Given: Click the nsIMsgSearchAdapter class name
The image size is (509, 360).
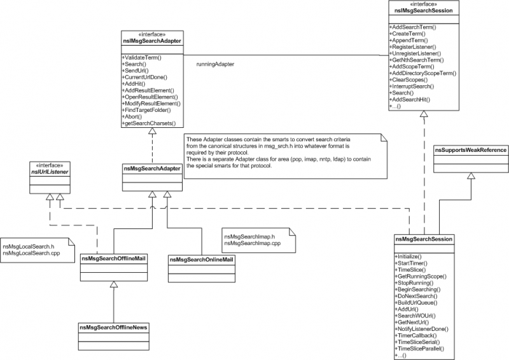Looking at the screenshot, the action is click(152, 41).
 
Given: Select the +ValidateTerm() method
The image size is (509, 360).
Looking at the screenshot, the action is click(141, 58).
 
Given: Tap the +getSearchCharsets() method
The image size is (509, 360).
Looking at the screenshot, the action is click(149, 123).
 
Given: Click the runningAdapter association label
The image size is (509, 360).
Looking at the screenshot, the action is click(215, 64).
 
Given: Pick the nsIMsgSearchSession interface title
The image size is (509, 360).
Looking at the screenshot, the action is click(424, 11).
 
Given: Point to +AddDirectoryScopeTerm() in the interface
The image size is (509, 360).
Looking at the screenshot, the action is click(422, 73).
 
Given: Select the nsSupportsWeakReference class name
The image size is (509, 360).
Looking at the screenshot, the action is click(471, 150).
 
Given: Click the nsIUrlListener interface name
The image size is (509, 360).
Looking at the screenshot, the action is click(50, 172).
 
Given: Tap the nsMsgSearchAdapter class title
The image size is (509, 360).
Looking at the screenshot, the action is click(152, 169).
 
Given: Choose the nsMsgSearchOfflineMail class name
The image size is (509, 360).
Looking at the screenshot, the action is click(114, 258).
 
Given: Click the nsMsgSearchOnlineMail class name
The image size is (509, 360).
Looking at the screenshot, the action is click(202, 260).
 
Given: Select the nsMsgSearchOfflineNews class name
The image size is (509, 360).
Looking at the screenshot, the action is click(114, 328).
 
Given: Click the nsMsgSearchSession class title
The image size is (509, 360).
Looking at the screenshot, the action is click(424, 239).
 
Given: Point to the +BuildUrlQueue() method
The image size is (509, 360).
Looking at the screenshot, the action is click(416, 303).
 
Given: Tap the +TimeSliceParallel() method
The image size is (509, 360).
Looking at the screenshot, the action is click(419, 349).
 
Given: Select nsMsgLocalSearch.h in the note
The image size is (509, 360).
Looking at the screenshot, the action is click(28, 247).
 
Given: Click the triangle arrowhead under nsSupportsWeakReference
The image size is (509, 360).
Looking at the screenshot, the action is click(471, 176).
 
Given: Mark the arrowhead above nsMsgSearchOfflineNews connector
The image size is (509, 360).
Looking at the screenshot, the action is click(114, 284).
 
